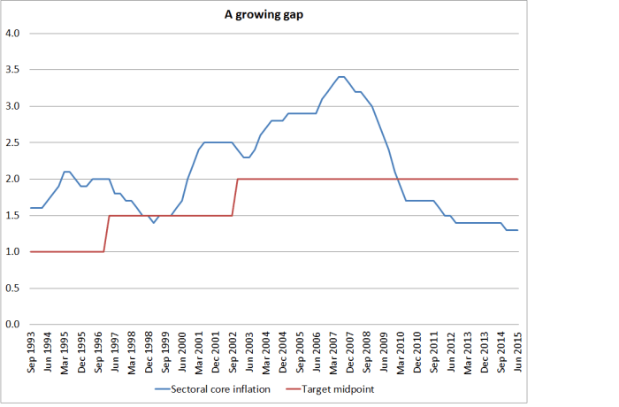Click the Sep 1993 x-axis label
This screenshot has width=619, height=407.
(x=33, y=349)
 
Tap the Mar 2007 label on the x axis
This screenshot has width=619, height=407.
(x=333, y=349)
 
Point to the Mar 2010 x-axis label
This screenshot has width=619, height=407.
(x=401, y=349)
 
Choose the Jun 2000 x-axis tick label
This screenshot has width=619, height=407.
(x=183, y=349)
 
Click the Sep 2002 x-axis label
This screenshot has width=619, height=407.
(x=233, y=349)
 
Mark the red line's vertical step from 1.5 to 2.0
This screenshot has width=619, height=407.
(x=235, y=196)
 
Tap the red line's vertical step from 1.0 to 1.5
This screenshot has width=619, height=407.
(x=107, y=234)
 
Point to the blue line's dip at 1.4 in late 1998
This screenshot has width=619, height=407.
(x=154, y=223)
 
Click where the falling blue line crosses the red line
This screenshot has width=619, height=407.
(x=398, y=179)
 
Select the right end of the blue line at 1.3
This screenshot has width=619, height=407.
(x=517, y=230)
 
